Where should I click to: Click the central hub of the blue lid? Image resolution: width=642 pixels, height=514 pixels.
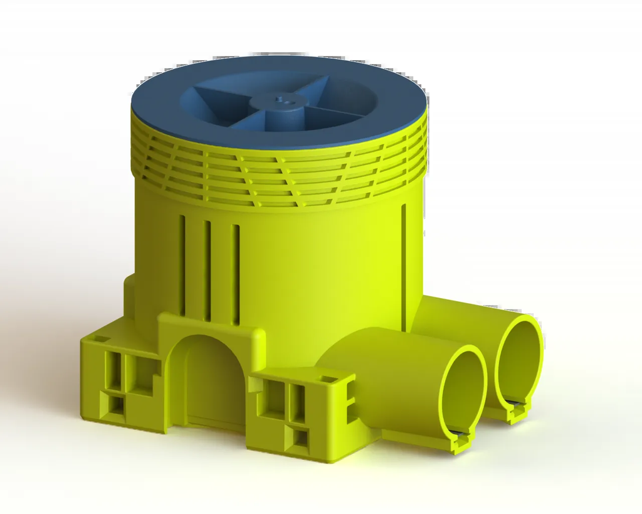(279, 103)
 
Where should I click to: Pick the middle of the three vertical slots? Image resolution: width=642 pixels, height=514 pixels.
(207, 270)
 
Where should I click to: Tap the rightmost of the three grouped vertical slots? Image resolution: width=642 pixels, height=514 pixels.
(235, 274)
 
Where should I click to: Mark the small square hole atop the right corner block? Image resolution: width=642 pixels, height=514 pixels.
(327, 379)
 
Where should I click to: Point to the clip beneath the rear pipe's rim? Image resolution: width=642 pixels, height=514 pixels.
(517, 412)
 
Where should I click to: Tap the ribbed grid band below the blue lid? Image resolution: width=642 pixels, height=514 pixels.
(276, 179)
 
